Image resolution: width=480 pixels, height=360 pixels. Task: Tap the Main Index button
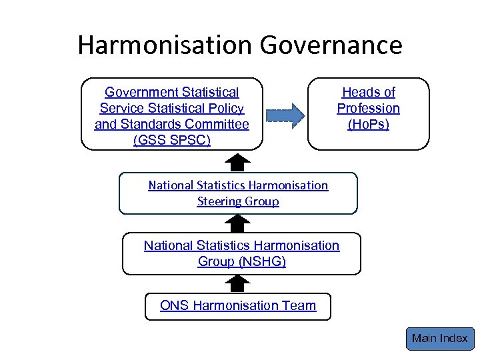(439, 339)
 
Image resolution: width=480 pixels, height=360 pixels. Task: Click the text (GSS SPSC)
(172, 140)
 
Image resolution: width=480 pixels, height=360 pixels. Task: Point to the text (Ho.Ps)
(368, 124)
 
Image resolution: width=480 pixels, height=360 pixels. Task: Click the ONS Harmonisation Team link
(238, 305)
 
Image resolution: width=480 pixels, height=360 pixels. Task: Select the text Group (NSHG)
(241, 261)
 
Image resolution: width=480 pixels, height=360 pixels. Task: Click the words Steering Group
(238, 201)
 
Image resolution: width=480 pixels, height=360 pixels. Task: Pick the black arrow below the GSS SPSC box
(238, 162)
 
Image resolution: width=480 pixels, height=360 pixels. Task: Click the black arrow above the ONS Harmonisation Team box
(238, 284)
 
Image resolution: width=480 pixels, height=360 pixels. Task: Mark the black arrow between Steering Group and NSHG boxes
(238, 223)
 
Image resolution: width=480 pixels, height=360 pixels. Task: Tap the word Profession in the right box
(368, 108)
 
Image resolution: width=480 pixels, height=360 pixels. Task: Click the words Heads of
(368, 92)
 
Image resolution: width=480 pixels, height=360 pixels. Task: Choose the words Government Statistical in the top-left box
(172, 92)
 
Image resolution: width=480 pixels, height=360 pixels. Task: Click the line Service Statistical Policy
(172, 108)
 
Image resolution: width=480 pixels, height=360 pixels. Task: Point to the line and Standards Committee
(172, 124)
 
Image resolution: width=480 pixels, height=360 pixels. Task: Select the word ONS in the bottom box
(175, 305)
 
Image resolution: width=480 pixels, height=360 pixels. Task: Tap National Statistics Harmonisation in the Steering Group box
(238, 185)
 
